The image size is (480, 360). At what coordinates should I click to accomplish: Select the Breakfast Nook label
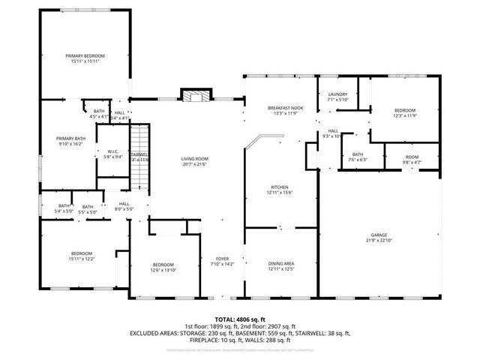(x=285, y=108)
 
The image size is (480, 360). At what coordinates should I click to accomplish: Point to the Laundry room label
(x=337, y=94)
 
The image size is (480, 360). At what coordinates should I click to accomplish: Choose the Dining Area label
(x=280, y=263)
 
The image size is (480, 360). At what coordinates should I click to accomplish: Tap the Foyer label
(x=223, y=259)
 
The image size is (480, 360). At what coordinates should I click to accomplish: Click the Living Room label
(x=194, y=158)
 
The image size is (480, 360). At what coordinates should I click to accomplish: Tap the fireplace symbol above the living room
(x=193, y=96)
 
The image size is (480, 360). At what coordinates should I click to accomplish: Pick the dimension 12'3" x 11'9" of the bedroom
(x=405, y=115)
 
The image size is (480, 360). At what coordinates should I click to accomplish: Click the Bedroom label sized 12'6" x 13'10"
(x=163, y=265)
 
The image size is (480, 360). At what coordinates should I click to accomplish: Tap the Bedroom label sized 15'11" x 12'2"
(x=82, y=253)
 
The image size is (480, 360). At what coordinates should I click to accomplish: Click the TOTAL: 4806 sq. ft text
(x=240, y=319)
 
